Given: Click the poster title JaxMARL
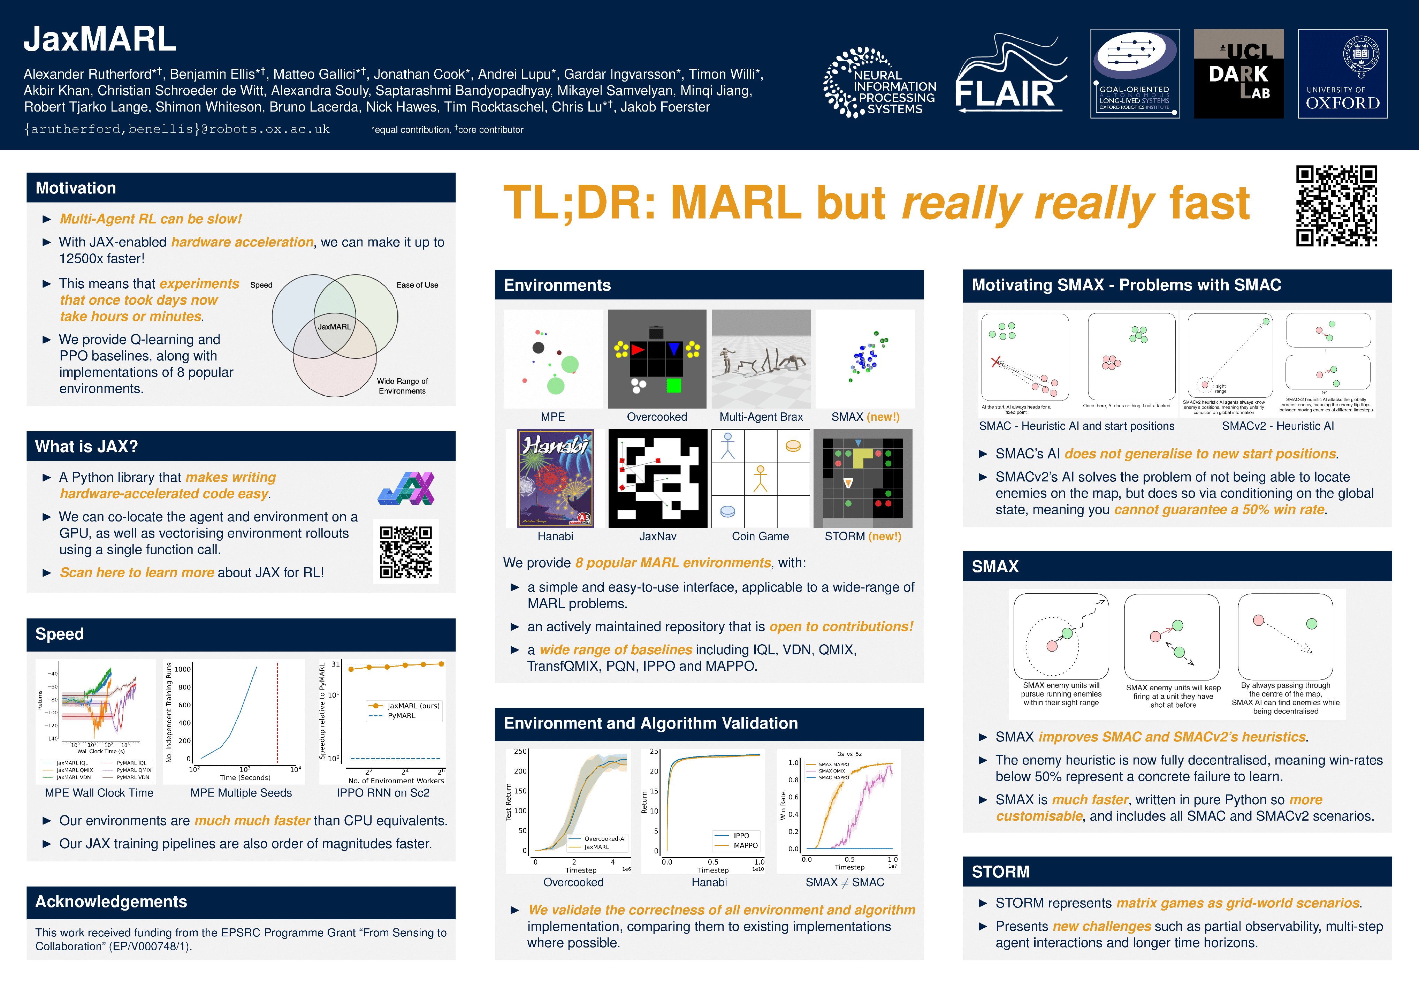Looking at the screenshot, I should (99, 39).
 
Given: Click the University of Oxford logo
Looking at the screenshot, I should (1342, 74).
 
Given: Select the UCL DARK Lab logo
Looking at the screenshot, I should (1238, 74).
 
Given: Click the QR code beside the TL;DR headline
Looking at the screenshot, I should (1336, 206).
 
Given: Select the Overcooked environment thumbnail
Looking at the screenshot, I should (656, 359).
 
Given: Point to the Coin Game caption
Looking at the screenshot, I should (760, 537).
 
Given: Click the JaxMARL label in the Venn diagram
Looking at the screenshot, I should (334, 326).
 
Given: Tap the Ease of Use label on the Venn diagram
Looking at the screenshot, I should (417, 285).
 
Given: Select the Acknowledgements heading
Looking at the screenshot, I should (111, 902).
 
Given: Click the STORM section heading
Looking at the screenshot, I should (1001, 872).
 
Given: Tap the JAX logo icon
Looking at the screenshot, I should (406, 488).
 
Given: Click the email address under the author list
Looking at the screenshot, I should (177, 129).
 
